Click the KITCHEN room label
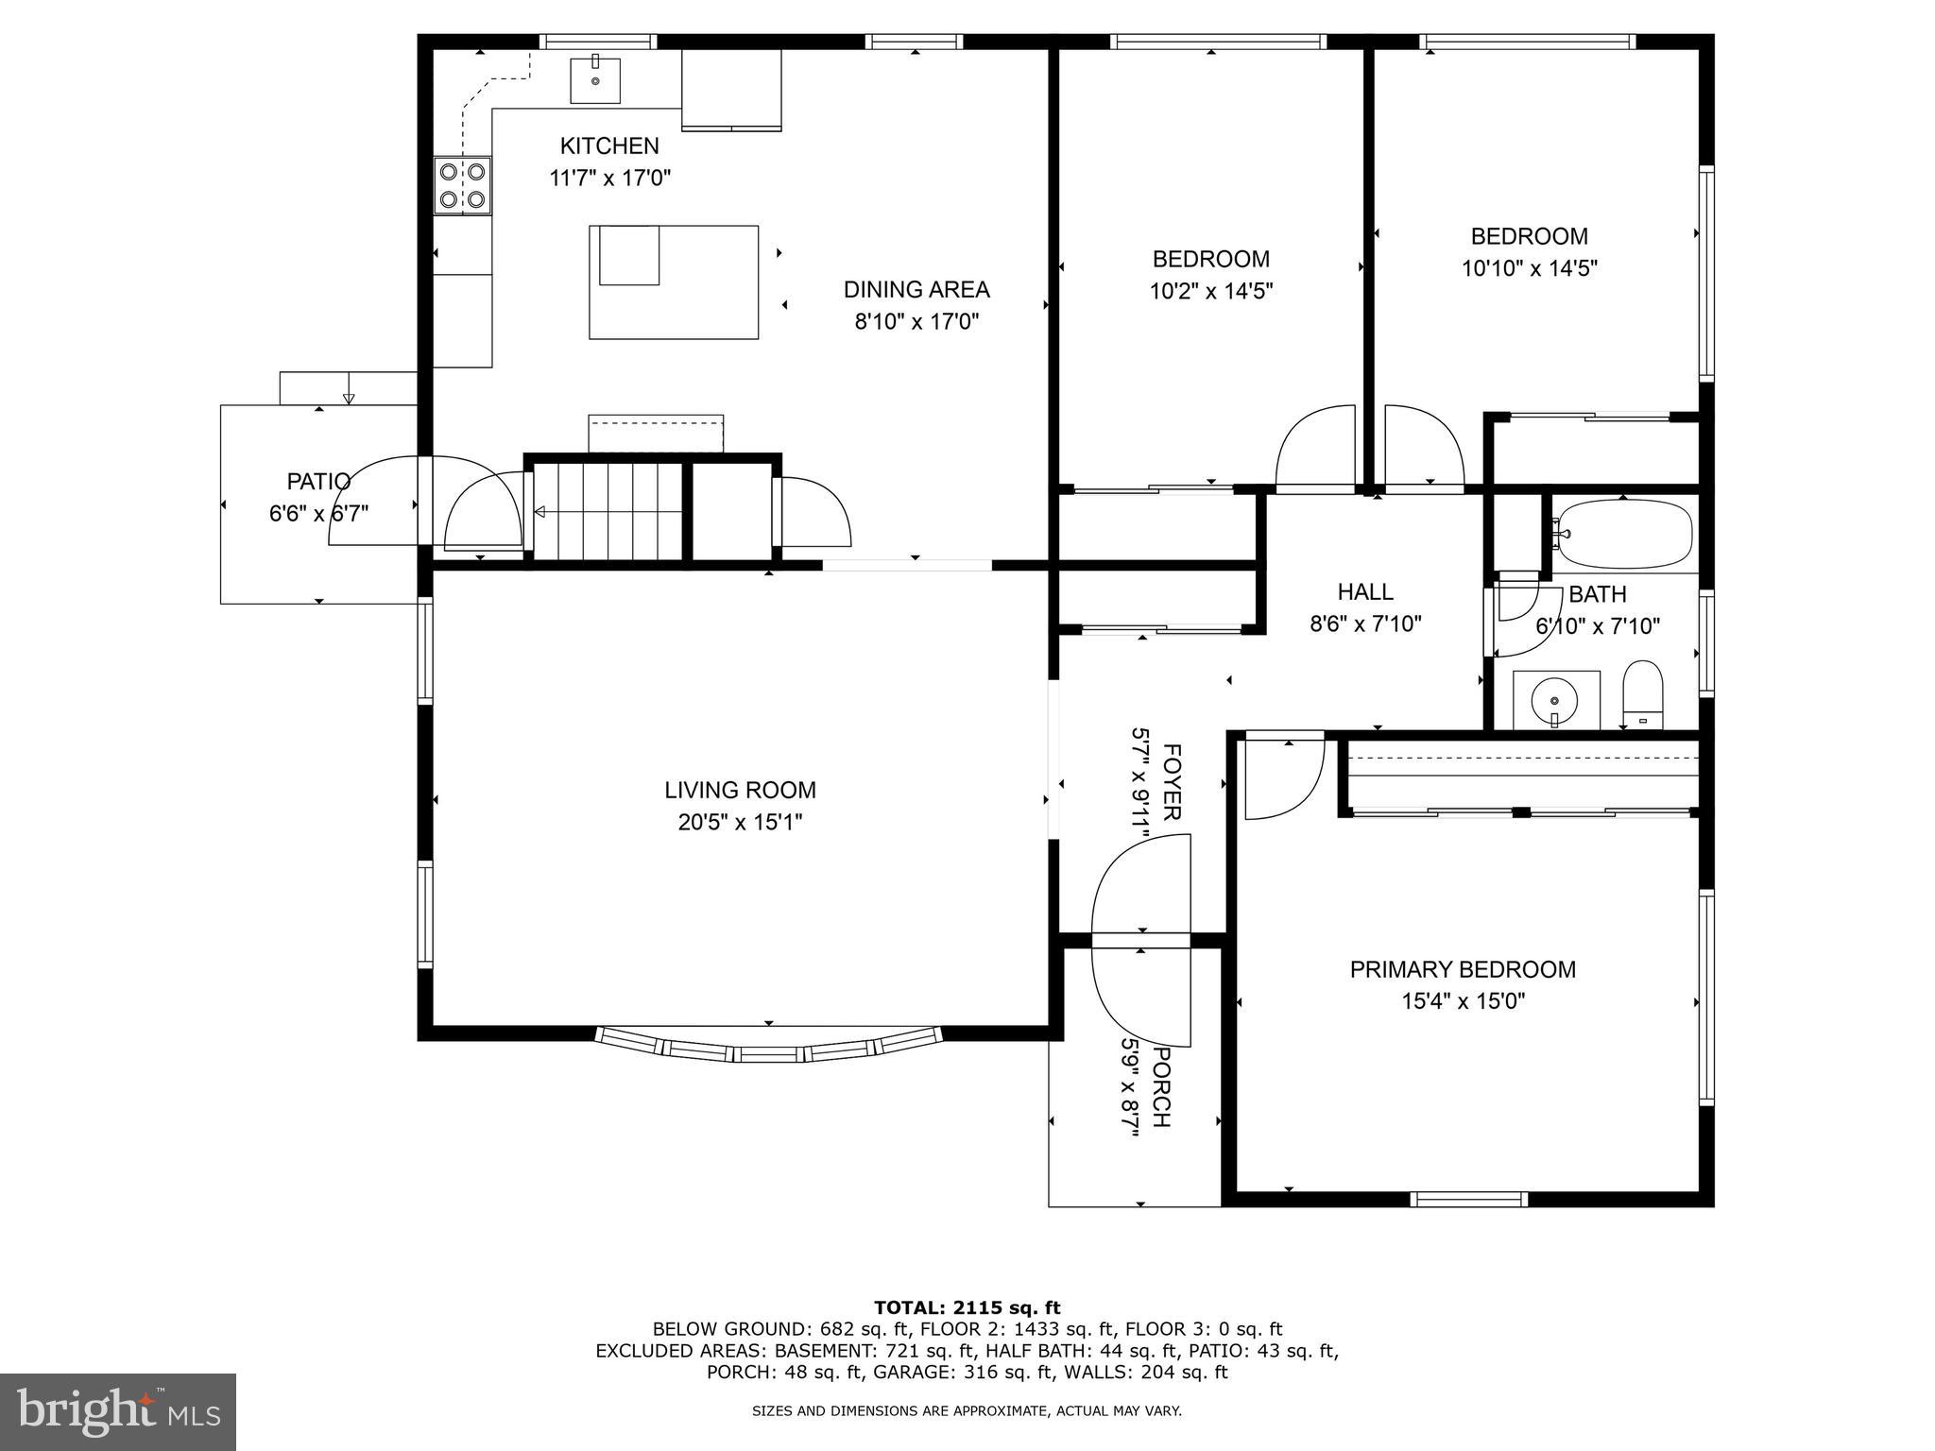coord(609,146)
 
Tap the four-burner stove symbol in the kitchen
coord(462,185)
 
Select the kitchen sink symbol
coord(595,79)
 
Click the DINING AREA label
coord(916,290)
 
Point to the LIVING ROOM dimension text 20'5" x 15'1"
coord(740,822)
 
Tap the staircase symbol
coord(608,511)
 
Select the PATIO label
coord(318,482)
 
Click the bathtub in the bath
coord(1623,534)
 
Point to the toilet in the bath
coord(1642,694)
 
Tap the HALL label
coord(1365,592)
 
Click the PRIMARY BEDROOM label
coord(1462,969)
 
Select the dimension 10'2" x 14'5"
coord(1210,291)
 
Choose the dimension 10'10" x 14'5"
coord(1529,268)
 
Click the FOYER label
coord(1171,782)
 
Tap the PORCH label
coord(1161,1086)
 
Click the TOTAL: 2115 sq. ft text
coord(967,1307)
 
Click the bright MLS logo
coord(117,1411)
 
